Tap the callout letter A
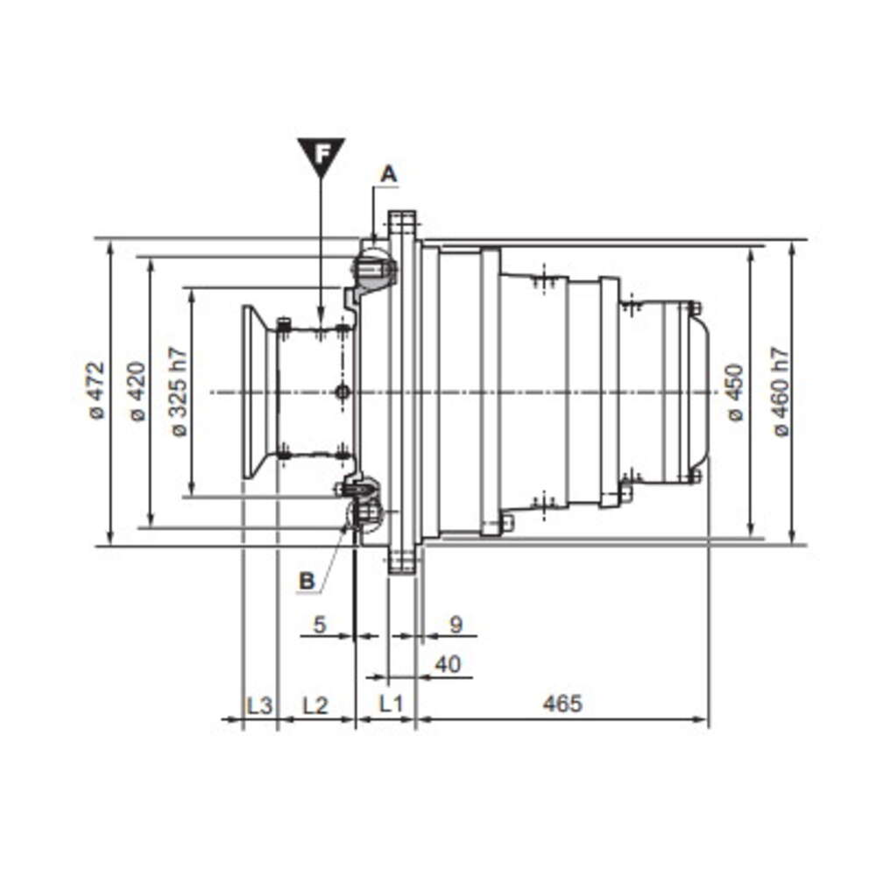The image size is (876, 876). (x=389, y=174)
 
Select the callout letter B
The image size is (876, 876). (x=307, y=581)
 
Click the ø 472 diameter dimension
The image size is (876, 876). (x=97, y=391)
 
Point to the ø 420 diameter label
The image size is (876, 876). (x=138, y=391)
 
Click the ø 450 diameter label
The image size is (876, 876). (x=735, y=392)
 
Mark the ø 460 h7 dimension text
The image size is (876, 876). (x=781, y=392)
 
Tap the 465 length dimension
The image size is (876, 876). (x=562, y=703)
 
